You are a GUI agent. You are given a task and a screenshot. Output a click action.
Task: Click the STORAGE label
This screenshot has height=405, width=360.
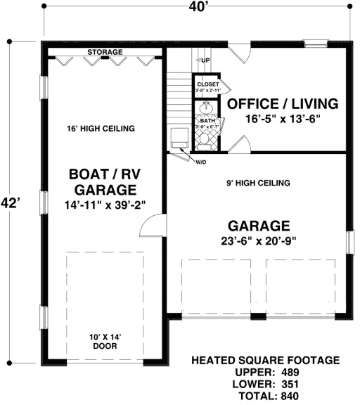pyautogui.click(x=105, y=53)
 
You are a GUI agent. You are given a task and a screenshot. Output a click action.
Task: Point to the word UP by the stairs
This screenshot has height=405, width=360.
pyautogui.click(x=205, y=60)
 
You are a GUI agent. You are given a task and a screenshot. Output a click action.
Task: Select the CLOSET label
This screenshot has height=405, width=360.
pyautogui.click(x=208, y=84)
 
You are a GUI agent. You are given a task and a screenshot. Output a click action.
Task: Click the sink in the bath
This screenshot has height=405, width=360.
pyautogui.click(x=207, y=110)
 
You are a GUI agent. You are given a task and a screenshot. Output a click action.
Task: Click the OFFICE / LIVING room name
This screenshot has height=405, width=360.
pyautogui.click(x=283, y=104)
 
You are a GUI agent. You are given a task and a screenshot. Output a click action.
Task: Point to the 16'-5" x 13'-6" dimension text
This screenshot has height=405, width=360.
pyautogui.click(x=283, y=119)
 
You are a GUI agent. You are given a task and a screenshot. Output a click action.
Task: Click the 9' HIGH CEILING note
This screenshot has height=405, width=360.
pyautogui.click(x=259, y=183)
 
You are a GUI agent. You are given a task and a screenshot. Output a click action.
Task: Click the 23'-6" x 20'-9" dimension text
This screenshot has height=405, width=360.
pyautogui.click(x=259, y=241)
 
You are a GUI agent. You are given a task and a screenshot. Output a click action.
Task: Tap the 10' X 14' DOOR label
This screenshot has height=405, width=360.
pyautogui.click(x=103, y=341)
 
